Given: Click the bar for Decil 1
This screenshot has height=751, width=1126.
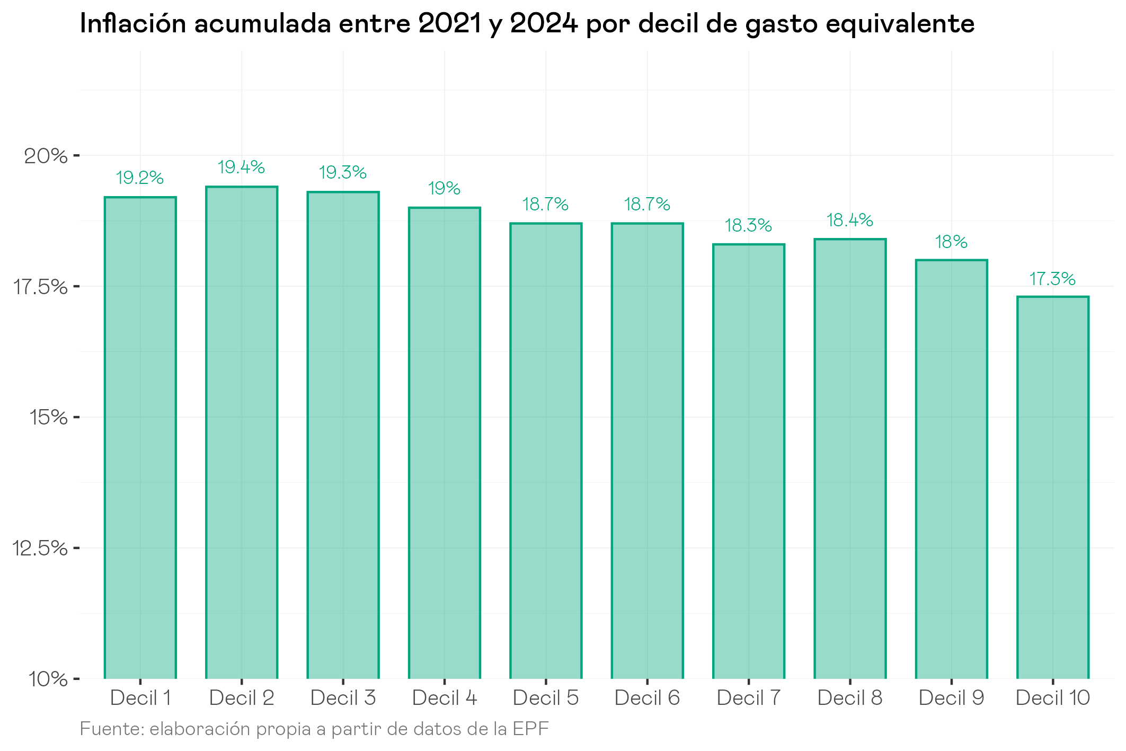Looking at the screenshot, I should click(140, 437).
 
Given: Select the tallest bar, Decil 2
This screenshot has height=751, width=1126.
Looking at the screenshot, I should click(242, 432).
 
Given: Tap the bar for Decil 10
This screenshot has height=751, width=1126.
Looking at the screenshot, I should click(1053, 488).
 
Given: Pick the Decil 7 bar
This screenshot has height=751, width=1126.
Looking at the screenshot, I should click(749, 461).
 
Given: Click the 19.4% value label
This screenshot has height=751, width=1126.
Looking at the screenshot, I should click(242, 167).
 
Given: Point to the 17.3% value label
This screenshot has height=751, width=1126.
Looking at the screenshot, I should click(1052, 279).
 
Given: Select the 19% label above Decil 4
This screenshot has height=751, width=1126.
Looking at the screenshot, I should click(444, 188).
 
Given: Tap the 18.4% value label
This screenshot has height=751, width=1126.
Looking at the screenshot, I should click(850, 220).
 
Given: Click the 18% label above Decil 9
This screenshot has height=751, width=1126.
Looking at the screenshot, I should click(951, 242).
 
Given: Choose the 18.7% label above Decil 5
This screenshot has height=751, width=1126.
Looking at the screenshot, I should click(545, 204).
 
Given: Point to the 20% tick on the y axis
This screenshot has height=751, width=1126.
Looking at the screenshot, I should click(46, 156).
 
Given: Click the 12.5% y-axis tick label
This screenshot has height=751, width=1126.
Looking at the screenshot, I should click(40, 548).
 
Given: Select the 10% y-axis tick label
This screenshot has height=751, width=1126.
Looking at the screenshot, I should click(48, 679).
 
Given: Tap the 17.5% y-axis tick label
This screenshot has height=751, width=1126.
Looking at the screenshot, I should click(40, 287).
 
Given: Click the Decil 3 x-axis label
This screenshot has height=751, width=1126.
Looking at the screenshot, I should click(343, 698).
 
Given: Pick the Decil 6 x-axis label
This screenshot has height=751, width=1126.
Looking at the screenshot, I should click(647, 698).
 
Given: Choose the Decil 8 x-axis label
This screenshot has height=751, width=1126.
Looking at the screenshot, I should click(850, 698).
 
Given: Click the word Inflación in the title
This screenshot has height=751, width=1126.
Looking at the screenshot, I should click(132, 24).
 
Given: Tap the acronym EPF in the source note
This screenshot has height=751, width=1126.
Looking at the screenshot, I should click(531, 729).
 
